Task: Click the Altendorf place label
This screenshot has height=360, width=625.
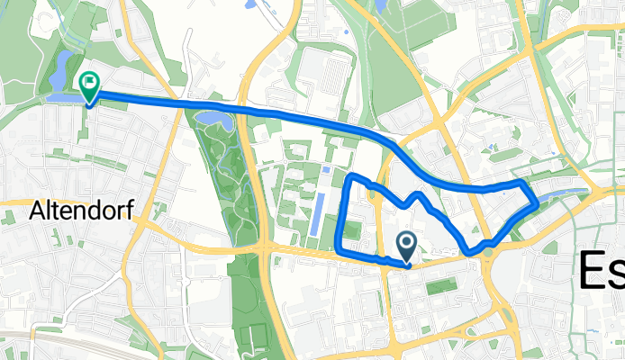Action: [x=82, y=211]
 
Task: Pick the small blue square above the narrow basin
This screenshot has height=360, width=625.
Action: [x=325, y=169]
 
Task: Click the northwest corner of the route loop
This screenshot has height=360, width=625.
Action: [x=351, y=175]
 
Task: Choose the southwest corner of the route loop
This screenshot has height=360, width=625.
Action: [x=337, y=248]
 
